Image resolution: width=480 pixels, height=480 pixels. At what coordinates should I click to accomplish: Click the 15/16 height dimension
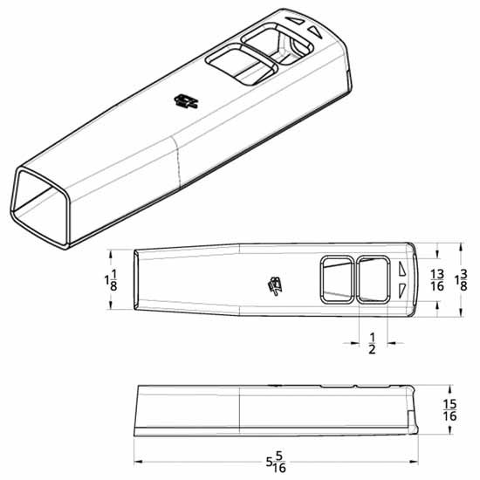point(451,410)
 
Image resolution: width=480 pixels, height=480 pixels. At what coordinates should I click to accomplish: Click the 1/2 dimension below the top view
point(374,343)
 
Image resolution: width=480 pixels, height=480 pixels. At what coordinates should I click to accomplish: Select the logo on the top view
point(276,284)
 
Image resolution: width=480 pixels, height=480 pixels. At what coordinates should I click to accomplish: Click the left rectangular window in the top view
point(336,279)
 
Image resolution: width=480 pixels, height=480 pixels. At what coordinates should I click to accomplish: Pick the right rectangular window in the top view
point(374,279)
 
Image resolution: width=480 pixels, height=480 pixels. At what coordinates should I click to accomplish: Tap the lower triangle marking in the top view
point(401,290)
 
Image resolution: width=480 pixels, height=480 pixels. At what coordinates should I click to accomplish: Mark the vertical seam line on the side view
point(240,410)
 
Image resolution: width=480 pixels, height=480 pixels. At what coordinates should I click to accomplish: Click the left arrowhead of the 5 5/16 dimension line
point(137,462)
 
